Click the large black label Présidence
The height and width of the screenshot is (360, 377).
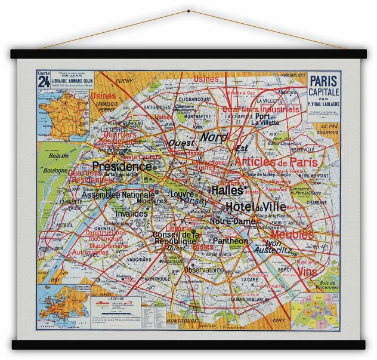point(122,166)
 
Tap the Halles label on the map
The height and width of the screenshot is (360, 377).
point(227,190)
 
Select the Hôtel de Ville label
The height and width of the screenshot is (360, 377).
point(255,207)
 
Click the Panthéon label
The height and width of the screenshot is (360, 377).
point(230,241)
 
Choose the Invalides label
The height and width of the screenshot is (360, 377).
point(131,213)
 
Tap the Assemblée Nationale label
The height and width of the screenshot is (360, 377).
point(118,195)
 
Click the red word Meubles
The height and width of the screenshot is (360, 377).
point(292,235)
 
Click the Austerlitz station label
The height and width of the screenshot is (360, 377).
point(273,251)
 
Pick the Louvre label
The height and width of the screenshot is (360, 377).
point(182,194)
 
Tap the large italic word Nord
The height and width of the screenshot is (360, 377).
point(214,137)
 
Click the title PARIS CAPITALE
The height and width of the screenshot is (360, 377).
point(324,87)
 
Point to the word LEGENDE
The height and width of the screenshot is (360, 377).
point(116,297)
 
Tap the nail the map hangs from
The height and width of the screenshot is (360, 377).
point(188,10)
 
